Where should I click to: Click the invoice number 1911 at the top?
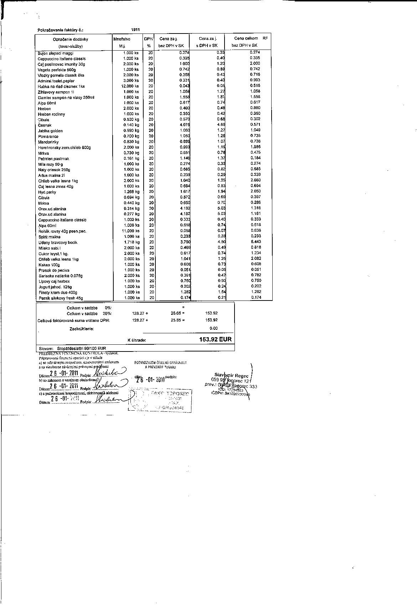pyautogui.click(x=135, y=30)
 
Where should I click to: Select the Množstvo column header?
pyautogui.click(x=122, y=39)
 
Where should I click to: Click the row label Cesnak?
pyautogui.click(x=45, y=125)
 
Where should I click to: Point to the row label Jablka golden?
pyautogui.click(x=50, y=131)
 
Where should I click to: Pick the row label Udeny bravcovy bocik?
pyautogui.click(x=58, y=242)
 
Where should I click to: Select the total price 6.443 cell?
pyautogui.click(x=256, y=242)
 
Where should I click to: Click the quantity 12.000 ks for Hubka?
pyautogui.click(x=130, y=86)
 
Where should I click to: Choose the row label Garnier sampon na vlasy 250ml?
pyautogui.click(x=66, y=97)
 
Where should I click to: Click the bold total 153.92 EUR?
pyautogui.click(x=215, y=339)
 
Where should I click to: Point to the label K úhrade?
pyautogui.click(x=137, y=340)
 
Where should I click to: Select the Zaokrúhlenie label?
pyautogui.click(x=82, y=329)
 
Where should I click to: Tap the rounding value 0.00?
pyautogui.click(x=213, y=328)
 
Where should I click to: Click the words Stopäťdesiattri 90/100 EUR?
pyautogui.click(x=81, y=348)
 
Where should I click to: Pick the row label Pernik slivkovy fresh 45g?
pyautogui.click(x=61, y=298)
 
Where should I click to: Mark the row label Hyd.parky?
pyautogui.click(x=47, y=192)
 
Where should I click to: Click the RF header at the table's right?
pyautogui.click(x=265, y=38)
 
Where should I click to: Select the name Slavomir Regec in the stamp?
pyautogui.click(x=231, y=376)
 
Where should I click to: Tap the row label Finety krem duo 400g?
pyautogui.click(x=58, y=293)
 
